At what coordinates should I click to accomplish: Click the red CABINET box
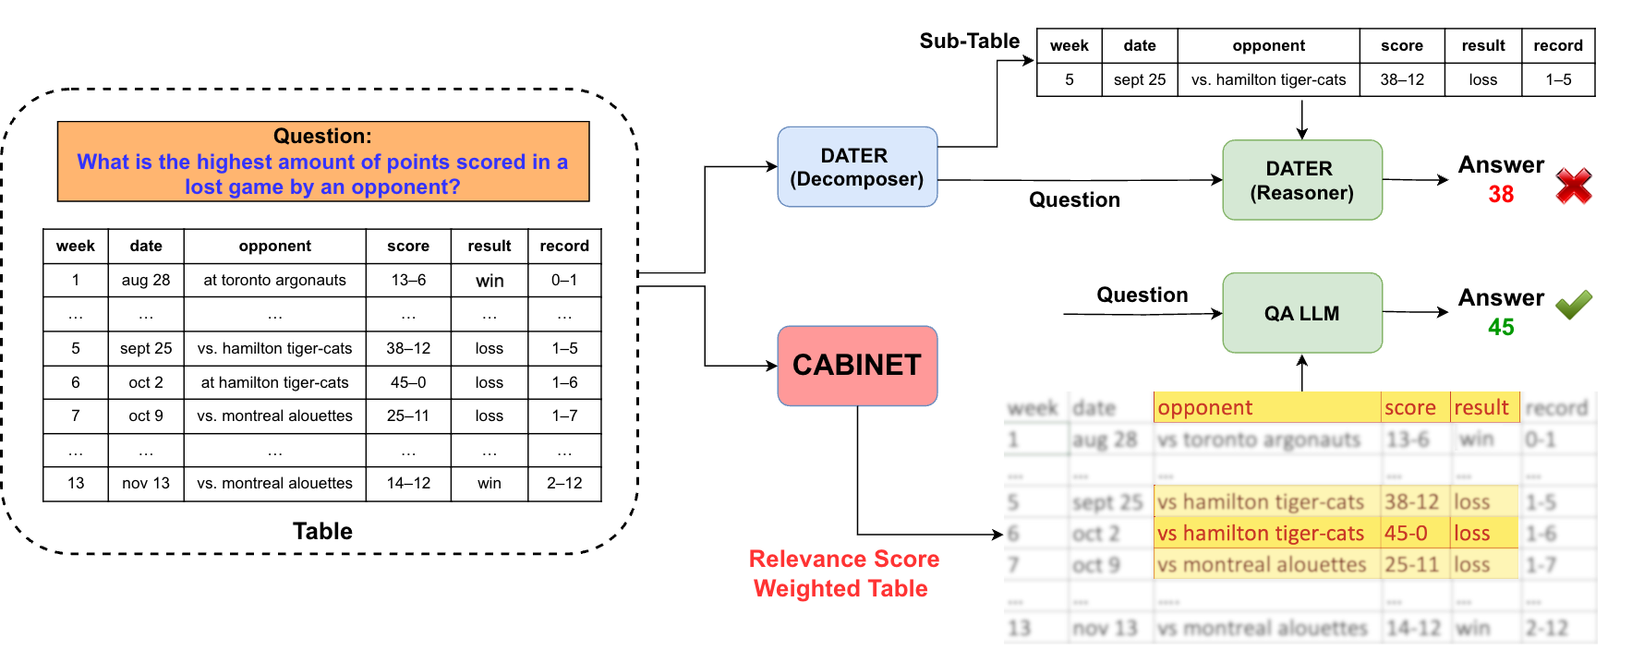point(857,366)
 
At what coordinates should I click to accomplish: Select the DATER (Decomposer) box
point(857,167)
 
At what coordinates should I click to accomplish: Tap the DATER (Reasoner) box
point(1301,180)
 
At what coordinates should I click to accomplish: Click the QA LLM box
point(1301,313)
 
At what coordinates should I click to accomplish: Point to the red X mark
point(1573,186)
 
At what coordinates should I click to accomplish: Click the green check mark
point(1573,304)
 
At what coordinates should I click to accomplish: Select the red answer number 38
point(1500,195)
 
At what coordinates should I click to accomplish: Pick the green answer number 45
point(1500,328)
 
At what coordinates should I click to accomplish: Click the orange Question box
point(322,162)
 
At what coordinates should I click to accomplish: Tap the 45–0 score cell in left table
point(407,382)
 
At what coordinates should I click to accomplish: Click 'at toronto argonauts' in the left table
point(274,280)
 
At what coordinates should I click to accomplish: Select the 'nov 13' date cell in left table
point(146,483)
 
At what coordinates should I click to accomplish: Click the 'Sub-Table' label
point(969,41)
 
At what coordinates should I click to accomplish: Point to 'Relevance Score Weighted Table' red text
point(842,573)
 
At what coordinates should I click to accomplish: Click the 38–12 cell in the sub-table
point(1401,79)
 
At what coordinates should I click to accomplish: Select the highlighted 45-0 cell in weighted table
point(1406,533)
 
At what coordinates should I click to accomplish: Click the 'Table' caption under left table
point(322,531)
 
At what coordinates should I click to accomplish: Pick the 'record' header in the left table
point(563,246)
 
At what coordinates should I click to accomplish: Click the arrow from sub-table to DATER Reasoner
point(1301,118)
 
